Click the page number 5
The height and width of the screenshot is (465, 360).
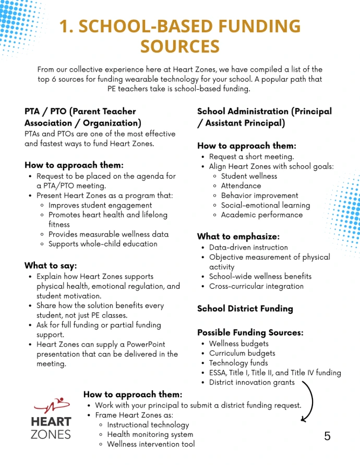327,436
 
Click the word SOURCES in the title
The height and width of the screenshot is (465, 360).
179,46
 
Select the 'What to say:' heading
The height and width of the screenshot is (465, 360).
51,265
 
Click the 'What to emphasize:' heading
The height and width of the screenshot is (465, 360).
238,236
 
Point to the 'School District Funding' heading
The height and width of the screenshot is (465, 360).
245,308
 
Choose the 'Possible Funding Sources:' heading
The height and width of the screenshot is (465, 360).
250,333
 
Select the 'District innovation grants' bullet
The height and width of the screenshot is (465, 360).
251,382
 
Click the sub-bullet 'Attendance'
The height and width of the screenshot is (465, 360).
241,186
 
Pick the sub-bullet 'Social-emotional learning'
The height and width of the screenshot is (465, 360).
265,205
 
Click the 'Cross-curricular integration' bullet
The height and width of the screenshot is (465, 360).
256,286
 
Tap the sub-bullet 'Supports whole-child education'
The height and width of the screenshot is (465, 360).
103,244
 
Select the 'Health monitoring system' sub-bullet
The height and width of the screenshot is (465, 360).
150,434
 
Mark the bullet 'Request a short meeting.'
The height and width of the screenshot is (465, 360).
251,156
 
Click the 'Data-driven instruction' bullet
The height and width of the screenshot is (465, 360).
248,247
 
